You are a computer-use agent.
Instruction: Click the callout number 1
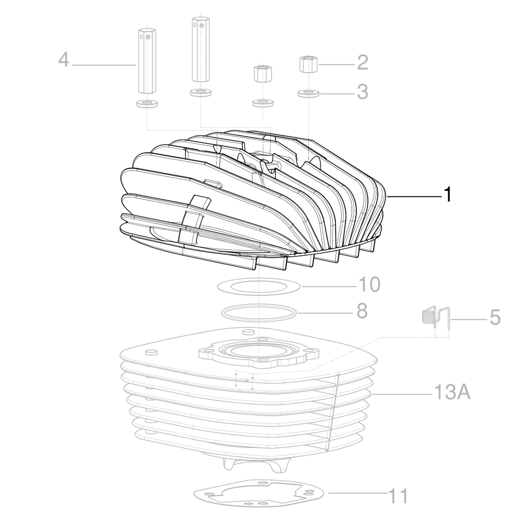447,194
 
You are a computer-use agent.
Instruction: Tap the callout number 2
362,63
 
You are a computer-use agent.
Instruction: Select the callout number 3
362,92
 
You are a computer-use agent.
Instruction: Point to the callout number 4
64,60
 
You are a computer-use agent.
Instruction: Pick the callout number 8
361,312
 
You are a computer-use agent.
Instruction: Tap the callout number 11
398,496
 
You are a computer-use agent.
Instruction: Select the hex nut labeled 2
308,65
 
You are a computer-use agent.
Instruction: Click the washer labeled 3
308,93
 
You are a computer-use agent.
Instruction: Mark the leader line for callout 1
414,197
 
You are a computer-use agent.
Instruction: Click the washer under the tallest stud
201,93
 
